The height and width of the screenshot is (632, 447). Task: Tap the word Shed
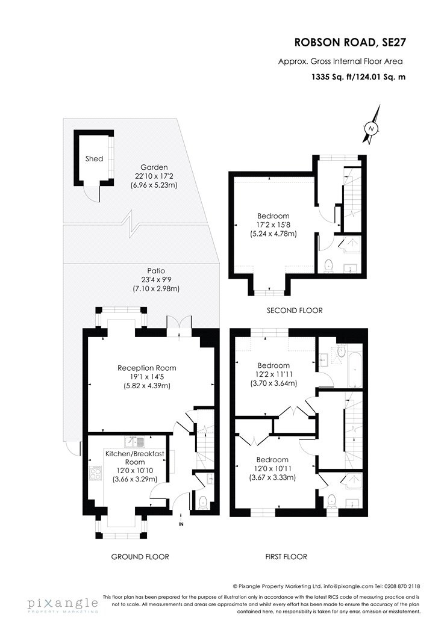[x=94, y=159]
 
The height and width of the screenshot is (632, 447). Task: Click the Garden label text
[x=154, y=167]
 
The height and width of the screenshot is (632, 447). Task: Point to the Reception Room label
[x=147, y=368]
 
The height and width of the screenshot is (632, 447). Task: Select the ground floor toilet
[x=202, y=501]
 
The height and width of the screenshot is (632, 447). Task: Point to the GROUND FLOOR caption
[x=140, y=557]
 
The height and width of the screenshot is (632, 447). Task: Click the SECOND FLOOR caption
[x=295, y=311]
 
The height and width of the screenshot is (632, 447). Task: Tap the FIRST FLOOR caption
[x=286, y=557]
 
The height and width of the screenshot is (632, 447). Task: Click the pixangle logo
[x=62, y=604]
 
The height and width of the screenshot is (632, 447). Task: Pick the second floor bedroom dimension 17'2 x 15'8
[x=274, y=225]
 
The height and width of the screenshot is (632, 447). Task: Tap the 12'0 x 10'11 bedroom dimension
[x=274, y=469]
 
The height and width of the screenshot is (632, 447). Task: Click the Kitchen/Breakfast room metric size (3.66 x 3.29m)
[x=135, y=479]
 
